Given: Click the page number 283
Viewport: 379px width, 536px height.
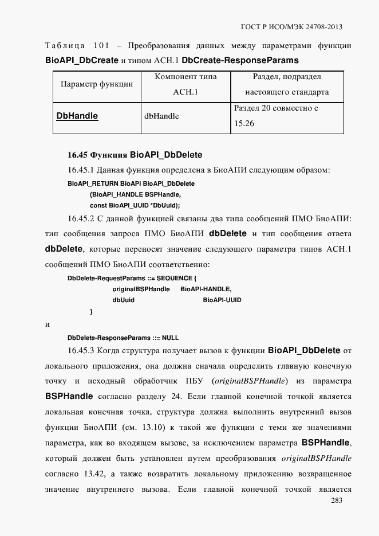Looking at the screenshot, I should click(337, 501).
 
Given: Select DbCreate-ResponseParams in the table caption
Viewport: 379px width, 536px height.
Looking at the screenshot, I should click(240, 60).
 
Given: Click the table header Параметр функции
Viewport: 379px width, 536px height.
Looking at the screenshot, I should click(97, 84).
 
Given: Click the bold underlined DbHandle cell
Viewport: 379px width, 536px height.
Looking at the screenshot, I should click(77, 116).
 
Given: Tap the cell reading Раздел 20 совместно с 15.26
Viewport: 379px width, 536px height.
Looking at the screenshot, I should click(276, 115).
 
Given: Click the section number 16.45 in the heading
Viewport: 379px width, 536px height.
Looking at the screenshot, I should click(76, 155).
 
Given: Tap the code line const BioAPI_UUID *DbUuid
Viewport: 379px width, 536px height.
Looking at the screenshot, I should click(135, 205).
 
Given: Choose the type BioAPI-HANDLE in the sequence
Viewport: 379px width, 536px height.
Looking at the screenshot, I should click(206, 289).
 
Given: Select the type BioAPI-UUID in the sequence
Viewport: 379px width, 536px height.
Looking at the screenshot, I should click(222, 300).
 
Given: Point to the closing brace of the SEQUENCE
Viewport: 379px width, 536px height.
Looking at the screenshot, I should click(91, 311).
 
